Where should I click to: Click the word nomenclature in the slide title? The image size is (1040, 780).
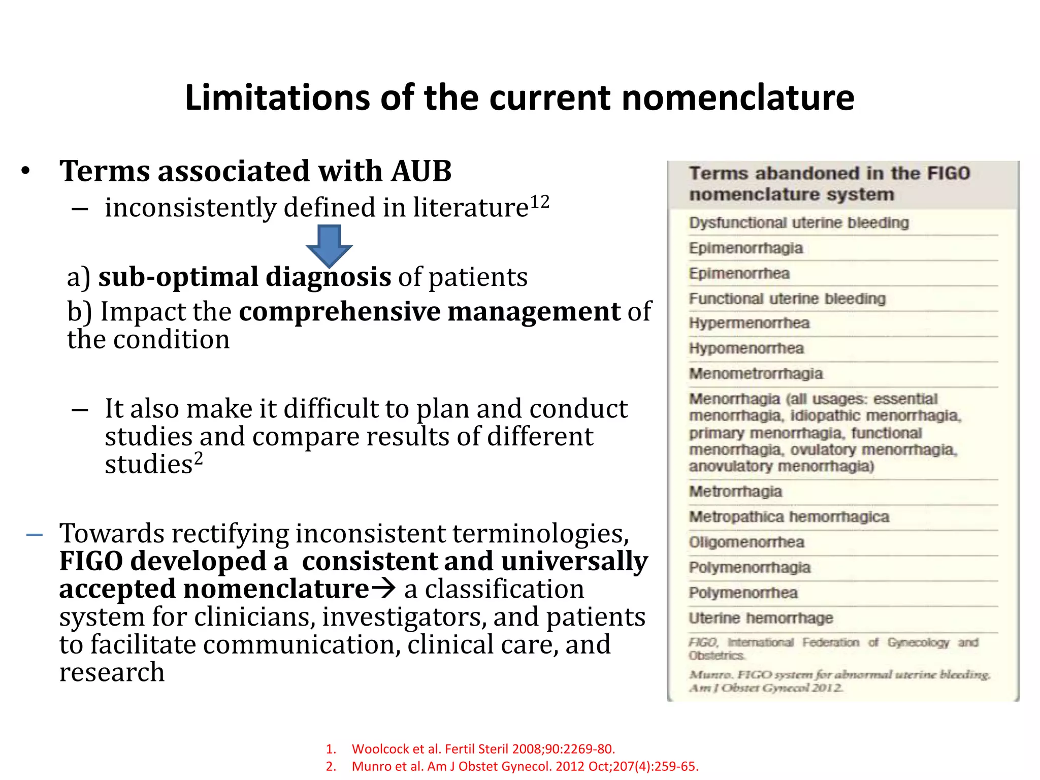737,97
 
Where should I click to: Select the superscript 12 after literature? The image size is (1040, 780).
540,202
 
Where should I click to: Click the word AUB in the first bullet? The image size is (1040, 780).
421,171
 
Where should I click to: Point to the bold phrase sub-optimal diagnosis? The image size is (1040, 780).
245,277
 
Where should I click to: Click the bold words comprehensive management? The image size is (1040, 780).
430,311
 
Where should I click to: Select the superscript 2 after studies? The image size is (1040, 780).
199,458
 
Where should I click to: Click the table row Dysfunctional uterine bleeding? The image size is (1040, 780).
798,223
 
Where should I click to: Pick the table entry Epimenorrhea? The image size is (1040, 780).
739,274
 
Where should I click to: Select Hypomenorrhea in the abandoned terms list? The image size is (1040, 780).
746,348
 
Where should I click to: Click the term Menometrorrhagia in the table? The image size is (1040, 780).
756,374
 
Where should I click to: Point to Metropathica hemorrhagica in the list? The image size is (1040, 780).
789,517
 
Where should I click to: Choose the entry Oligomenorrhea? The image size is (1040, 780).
746,542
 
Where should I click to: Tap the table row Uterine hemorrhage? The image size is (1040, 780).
761,618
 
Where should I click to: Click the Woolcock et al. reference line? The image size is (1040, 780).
482,749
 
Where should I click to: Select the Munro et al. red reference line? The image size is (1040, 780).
525,766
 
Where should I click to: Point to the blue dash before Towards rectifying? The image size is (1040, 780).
35,535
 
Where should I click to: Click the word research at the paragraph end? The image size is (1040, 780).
112,672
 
